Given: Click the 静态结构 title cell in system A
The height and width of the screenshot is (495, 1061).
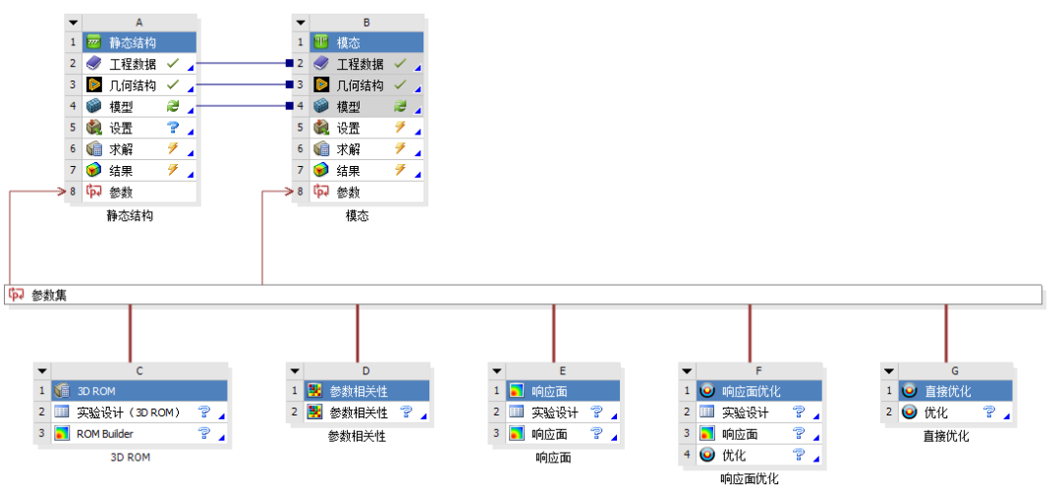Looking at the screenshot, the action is (140, 42).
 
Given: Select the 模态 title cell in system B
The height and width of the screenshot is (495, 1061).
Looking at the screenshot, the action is (366, 42).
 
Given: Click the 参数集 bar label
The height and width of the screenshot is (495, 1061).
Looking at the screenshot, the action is (49, 295).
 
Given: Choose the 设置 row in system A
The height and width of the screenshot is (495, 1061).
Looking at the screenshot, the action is (140, 129).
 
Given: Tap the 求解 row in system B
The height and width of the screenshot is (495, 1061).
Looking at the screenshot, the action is (366, 149).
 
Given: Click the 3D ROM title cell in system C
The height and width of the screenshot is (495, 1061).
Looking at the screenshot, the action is (140, 391).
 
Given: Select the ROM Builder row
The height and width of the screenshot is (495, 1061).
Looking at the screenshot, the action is (140, 433).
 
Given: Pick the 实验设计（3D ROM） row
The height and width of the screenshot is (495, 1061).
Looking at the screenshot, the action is (140, 412).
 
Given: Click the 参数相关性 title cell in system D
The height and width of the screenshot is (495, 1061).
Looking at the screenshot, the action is (366, 391).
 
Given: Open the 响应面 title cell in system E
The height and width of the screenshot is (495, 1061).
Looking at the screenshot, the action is (563, 391).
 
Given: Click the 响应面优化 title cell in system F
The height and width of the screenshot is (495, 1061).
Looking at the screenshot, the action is (759, 391).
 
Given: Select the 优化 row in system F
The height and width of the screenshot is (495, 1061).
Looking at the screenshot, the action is (759, 455).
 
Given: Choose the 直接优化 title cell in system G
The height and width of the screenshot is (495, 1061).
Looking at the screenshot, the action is (956, 391).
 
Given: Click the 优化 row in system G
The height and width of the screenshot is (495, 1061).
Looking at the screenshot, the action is (956, 412).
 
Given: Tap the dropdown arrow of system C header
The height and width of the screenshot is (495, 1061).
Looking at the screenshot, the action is (42, 370).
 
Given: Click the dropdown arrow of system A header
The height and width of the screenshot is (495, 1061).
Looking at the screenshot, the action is (74, 23).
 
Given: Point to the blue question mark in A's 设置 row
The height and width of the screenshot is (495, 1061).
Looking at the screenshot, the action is (173, 128).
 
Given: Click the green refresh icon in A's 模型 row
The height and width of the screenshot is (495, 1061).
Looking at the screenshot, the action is (173, 106).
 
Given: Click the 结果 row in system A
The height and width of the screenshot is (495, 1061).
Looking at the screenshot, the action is (140, 171).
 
